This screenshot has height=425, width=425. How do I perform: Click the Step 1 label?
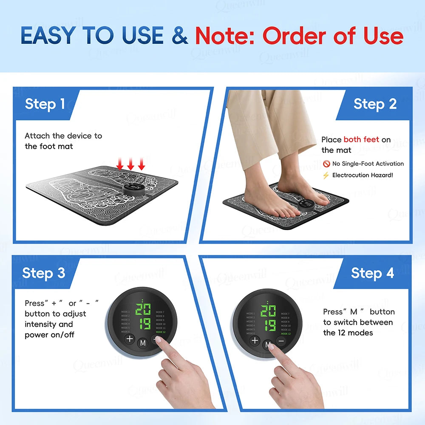[x=45, y=104]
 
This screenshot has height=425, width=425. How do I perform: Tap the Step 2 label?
[x=375, y=104]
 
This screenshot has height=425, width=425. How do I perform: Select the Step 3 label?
[x=44, y=272]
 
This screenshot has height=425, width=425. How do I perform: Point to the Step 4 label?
[x=372, y=273]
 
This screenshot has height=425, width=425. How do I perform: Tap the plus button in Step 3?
[x=130, y=340]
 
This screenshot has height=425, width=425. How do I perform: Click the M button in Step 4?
[x=268, y=344]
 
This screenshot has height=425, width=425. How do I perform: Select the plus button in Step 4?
[x=255, y=340]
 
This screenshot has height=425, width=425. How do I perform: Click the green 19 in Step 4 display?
[x=269, y=325]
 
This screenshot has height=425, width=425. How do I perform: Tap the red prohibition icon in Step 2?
[x=326, y=164]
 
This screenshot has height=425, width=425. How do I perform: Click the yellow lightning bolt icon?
[x=326, y=175]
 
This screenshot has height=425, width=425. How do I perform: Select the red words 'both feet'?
[x=361, y=139]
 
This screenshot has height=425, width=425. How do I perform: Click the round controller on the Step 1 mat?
[x=133, y=186]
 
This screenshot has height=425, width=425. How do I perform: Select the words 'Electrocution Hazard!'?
[x=363, y=175]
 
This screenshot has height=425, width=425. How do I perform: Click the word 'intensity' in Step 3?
[x=40, y=324]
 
